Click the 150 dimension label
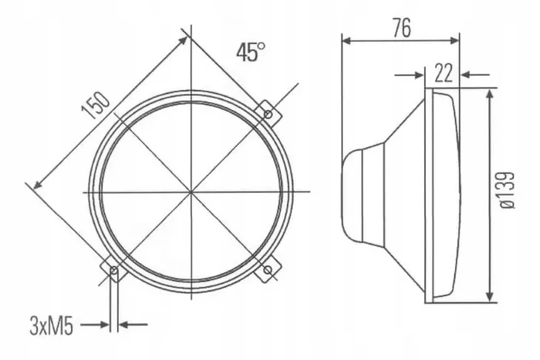coord(96,105)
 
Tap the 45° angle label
coord(251,52)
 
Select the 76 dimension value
coord(402,28)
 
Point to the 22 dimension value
coord(443,73)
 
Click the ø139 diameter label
coord(507,190)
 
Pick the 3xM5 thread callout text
coord(51,326)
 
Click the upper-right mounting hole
coord(268,114)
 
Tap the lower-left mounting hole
coord(114,271)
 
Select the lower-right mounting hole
coord(268,270)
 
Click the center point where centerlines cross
coord(191,191)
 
